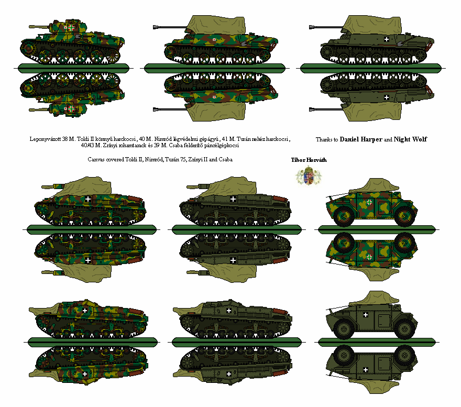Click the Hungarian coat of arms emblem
tap(308, 175)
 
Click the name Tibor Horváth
tap(309, 160)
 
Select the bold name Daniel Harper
tap(361, 139)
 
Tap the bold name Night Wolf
tap(410, 139)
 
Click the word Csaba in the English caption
tap(225, 159)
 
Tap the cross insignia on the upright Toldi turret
tap(71, 28)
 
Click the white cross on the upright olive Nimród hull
tap(387, 39)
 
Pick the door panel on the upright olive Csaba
tap(383, 322)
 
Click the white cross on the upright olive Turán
tap(233, 199)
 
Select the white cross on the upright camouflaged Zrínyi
tap(85, 311)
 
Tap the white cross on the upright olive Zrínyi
tap(229, 311)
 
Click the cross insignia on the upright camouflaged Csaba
tap(369, 202)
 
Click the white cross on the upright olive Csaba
tap(366, 315)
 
